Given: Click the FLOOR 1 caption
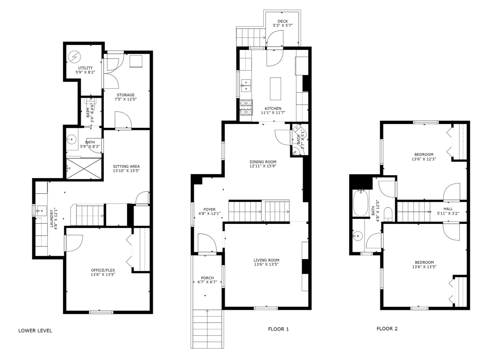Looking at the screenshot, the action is coord(278,329).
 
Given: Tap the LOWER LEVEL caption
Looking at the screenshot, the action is coord(35,331).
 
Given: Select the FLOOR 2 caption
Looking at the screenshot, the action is coord(387,329).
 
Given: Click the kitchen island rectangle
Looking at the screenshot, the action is coord(275,89).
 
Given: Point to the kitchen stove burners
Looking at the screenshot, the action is coord(246,107).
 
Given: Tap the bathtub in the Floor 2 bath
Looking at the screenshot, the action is coord(361,203).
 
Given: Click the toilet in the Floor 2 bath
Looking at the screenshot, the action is coord(388,214).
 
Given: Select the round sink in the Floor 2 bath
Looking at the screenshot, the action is coord(358,236).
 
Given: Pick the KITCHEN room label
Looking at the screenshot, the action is coord(273,108).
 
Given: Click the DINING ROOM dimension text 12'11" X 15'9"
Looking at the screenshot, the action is coord(263,166).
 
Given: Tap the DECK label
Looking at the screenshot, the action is coord(283,21).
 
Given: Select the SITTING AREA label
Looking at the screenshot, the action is coord(126,166).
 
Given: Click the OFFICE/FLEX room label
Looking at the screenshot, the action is coord(103,270).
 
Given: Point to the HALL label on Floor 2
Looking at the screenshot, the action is coord(448,209).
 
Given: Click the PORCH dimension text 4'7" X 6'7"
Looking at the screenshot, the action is coord(207,282).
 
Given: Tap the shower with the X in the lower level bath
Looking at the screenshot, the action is coord(84,168).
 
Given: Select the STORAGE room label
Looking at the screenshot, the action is coord(126,95).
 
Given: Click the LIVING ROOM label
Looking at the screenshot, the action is coord(266,260).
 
